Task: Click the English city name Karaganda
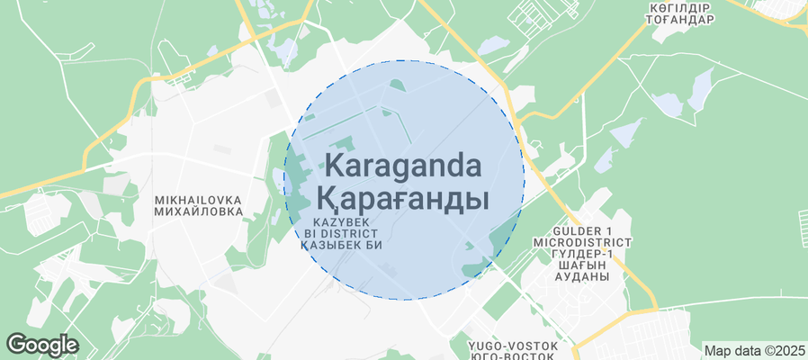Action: pyautogui.click(x=402, y=166)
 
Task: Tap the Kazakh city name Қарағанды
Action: pyautogui.click(x=402, y=198)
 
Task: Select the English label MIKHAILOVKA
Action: pyautogui.click(x=187, y=199)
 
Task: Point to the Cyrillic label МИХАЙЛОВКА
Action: pyautogui.click(x=187, y=211)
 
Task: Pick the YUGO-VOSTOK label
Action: pyautogui.click(x=513, y=346)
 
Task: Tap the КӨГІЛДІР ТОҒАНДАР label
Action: pyautogui.click(x=681, y=13)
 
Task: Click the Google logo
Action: pyautogui.click(x=42, y=344)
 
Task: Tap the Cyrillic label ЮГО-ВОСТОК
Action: pyautogui.click(x=513, y=356)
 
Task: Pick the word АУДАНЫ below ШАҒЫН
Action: pyautogui.click(x=582, y=276)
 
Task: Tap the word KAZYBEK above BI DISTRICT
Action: pyautogui.click(x=343, y=220)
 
